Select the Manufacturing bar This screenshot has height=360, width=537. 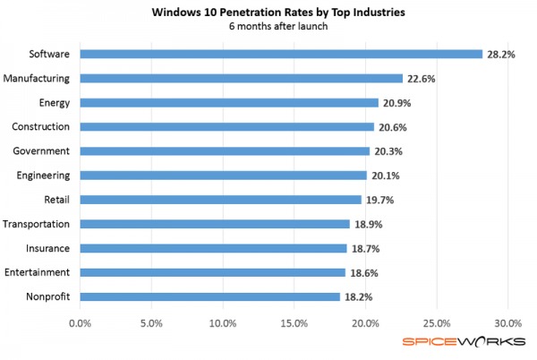pyautogui.click(x=242, y=78)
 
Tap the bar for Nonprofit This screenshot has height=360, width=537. pyautogui.click(x=210, y=296)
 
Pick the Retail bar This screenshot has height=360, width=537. pyautogui.click(x=221, y=200)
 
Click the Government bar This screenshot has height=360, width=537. pyautogui.click(x=225, y=151)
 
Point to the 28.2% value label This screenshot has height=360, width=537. pyautogui.click(x=499, y=54)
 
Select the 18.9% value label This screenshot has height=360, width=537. pyautogui.click(x=367, y=224)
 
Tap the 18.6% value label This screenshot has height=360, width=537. pyautogui.click(x=362, y=272)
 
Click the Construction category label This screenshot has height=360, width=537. pyautogui.click(x=44, y=127)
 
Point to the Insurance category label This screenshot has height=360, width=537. pyautogui.click(x=49, y=248)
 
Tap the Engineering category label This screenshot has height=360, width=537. pyautogui.click(x=45, y=176)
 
